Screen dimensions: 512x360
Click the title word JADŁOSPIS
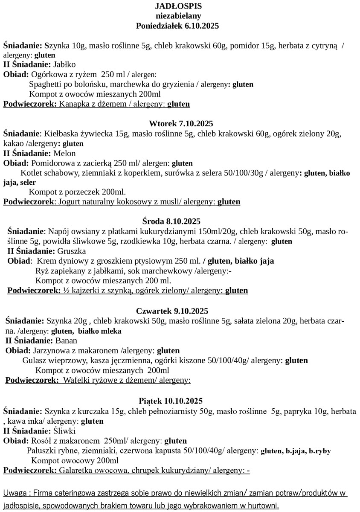coord(179,6)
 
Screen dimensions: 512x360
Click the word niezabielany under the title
coord(178,16)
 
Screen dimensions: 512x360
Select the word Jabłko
coord(64,64)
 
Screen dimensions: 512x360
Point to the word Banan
coord(67,340)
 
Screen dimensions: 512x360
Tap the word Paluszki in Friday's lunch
coord(41,451)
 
